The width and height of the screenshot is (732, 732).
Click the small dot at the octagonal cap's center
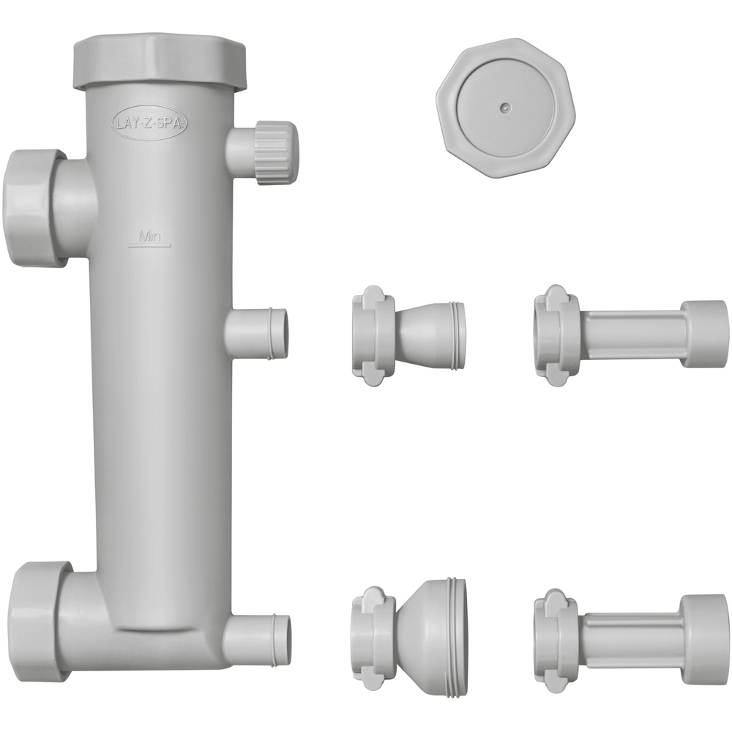[504, 107]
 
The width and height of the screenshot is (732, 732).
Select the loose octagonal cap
[506, 108]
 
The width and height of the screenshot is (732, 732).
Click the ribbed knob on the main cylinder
[275, 154]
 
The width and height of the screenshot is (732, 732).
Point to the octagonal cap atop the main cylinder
[160, 61]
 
